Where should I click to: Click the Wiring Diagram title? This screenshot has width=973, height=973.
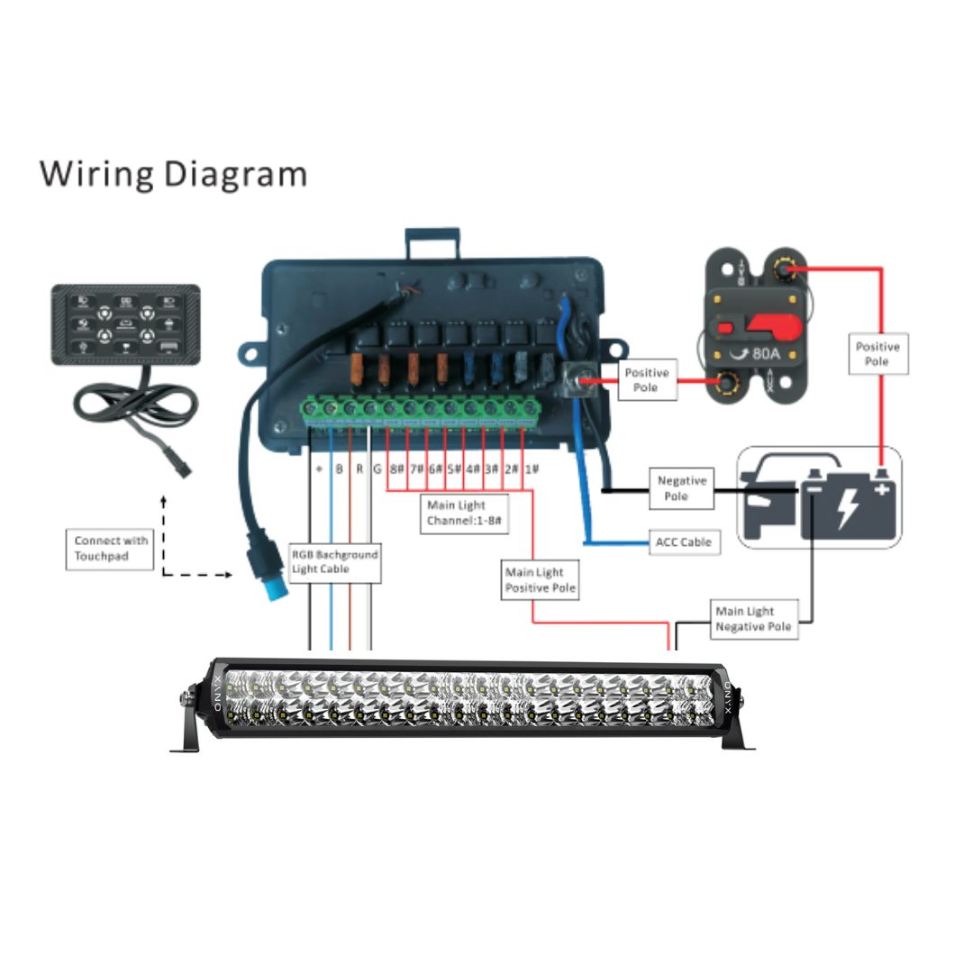pos(173,173)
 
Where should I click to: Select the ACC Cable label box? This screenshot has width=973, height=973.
pos(684,541)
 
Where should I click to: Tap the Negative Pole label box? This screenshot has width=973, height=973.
pos(681,489)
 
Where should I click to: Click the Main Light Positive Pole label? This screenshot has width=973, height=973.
pos(540,579)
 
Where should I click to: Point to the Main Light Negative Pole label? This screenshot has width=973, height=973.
pos(753,619)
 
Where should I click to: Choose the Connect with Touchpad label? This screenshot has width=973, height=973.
pos(111,549)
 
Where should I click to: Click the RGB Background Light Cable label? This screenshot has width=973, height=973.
pos(334,561)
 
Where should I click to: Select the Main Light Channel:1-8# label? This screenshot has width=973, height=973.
pos(466,514)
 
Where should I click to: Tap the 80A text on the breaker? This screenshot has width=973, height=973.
pos(766,353)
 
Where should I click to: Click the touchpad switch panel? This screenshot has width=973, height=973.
pos(125,324)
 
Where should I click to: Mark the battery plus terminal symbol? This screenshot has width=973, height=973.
pos(880,489)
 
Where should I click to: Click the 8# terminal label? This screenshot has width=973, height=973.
pos(396,469)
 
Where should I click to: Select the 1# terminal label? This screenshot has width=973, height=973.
pos(532,469)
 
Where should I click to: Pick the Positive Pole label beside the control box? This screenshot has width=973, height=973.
pos(647,380)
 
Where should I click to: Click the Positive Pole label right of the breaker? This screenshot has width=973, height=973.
pos(877,353)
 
